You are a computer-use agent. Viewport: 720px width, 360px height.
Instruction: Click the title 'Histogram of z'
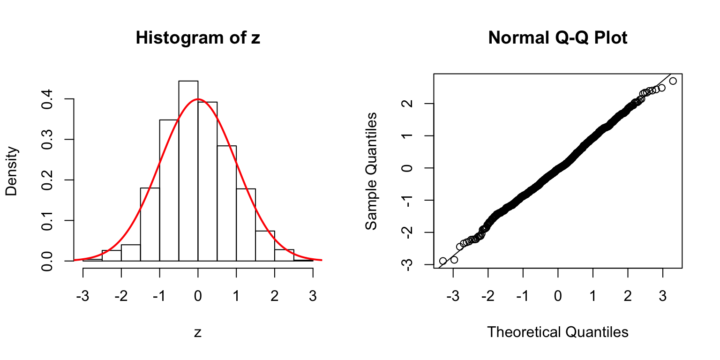tap(197, 38)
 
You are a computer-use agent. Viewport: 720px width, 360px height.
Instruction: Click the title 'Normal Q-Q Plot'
tap(557, 38)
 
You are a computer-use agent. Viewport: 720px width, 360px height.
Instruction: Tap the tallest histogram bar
tap(188, 171)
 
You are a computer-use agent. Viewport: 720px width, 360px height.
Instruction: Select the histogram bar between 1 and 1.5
tap(246, 225)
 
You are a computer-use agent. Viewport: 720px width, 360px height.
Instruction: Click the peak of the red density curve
tap(198, 99)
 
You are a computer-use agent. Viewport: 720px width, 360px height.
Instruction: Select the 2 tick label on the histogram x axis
tap(275, 296)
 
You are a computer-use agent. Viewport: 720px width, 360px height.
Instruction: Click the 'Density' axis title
tap(12, 171)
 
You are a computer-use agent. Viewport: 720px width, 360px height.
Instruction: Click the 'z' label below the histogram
tap(198, 332)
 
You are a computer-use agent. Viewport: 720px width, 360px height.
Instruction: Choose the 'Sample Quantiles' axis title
tap(371, 171)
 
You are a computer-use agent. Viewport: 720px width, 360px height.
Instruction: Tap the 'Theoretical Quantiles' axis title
tap(557, 332)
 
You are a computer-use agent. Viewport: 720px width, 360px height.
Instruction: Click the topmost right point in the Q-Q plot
tap(673, 81)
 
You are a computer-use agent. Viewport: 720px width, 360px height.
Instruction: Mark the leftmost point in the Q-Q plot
tap(442, 261)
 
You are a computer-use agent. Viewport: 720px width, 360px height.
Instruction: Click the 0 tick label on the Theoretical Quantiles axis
tap(558, 296)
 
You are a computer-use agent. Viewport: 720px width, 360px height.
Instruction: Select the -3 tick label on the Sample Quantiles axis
tap(407, 264)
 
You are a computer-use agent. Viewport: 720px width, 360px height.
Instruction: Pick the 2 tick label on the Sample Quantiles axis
tap(407, 104)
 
